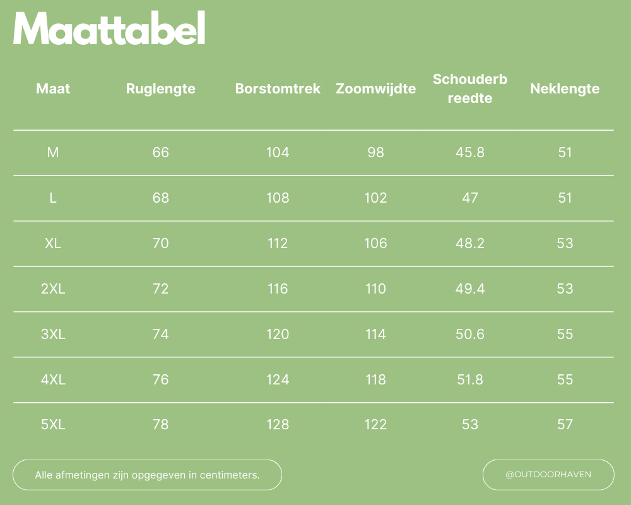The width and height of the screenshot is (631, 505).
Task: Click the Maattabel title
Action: (x=109, y=29)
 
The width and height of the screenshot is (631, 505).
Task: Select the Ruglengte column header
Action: (x=160, y=89)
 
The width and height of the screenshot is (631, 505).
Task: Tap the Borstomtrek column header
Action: (x=278, y=89)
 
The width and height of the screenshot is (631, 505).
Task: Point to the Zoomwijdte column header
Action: (x=375, y=89)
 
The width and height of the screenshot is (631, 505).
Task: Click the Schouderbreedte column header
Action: (x=470, y=88)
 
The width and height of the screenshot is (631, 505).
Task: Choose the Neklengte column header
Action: (x=565, y=89)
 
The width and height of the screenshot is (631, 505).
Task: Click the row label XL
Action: (x=53, y=243)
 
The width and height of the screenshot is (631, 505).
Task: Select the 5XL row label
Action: (x=53, y=425)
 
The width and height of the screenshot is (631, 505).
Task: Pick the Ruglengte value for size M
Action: (x=161, y=152)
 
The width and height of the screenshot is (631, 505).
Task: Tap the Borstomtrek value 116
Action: (x=278, y=288)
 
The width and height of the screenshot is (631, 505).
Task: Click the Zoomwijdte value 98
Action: (x=375, y=152)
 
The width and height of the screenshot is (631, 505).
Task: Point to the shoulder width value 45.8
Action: (x=470, y=152)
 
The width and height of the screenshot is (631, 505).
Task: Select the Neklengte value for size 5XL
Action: (x=565, y=425)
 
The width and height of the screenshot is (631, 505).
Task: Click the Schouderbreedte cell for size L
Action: (x=470, y=198)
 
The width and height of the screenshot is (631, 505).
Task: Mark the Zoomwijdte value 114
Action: (x=375, y=334)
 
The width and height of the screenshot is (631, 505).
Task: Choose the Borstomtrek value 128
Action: (x=278, y=425)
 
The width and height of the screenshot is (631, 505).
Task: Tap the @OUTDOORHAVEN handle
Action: (x=548, y=475)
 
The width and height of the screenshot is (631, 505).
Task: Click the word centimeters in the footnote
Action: (x=230, y=475)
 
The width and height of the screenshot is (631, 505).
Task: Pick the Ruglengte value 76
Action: (x=161, y=379)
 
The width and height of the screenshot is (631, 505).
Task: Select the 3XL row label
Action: (x=53, y=334)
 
